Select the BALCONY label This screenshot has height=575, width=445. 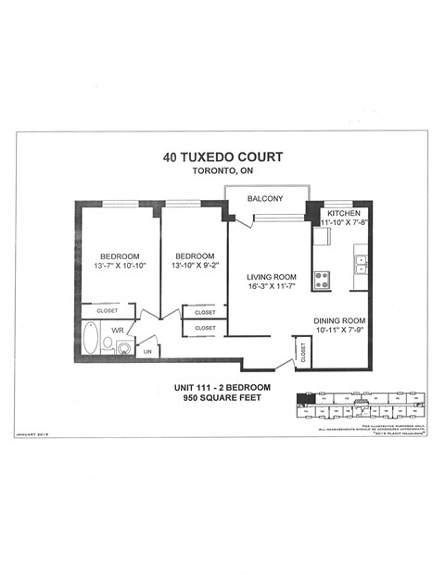point(265,199)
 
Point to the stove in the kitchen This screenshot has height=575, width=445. point(322,279)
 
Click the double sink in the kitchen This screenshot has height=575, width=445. point(361,264)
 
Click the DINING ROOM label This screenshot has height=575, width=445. point(339,319)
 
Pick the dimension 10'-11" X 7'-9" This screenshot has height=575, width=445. point(339,331)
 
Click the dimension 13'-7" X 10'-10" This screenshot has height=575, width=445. point(120,267)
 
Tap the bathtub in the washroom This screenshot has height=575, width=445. point(90,339)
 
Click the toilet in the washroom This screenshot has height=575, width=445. point(108,344)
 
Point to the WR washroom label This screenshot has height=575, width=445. point(118,329)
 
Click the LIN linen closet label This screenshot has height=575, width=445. point(147,351)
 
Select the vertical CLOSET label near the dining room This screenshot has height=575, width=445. point(303,351)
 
